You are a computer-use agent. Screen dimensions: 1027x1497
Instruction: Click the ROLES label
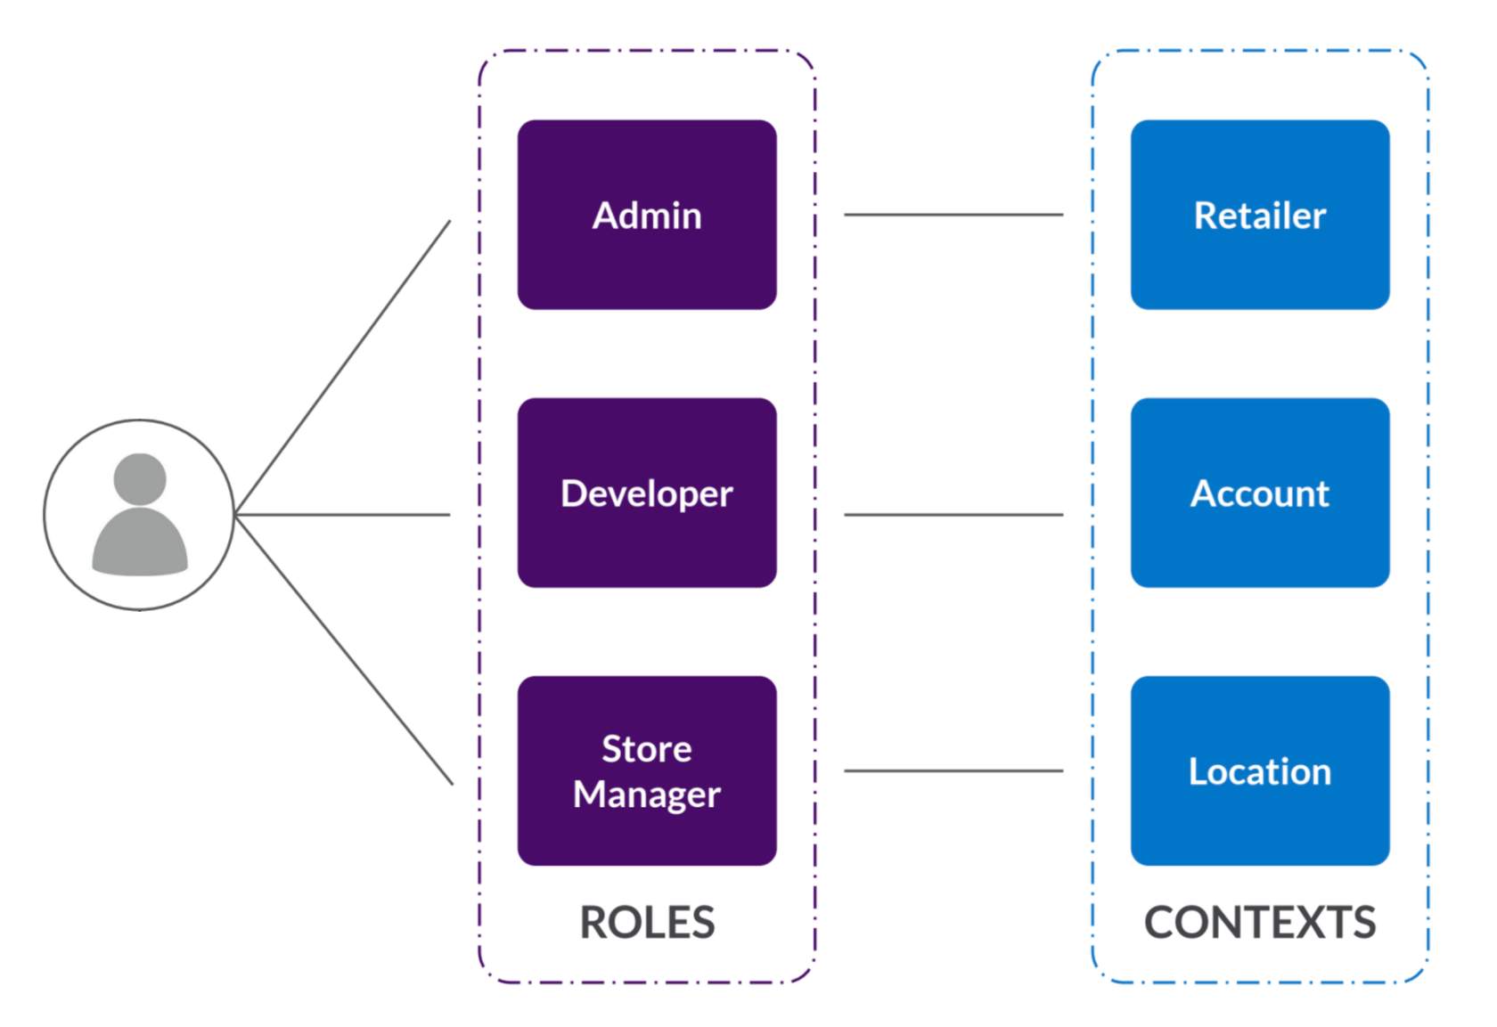647,922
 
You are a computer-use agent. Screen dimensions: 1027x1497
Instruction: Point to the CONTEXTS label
1259,922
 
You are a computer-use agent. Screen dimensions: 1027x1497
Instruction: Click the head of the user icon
140,478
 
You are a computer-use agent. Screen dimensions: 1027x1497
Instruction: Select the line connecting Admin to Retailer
953,215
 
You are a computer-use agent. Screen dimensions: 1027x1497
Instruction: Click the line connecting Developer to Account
953,514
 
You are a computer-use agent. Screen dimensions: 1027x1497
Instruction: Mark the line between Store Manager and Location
953,770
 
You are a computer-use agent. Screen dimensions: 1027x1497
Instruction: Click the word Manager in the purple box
646,794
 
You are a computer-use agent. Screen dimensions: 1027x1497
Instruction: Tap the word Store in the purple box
646,748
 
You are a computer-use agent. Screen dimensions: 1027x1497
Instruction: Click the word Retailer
1259,216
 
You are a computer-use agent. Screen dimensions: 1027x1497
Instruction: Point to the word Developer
646,493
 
